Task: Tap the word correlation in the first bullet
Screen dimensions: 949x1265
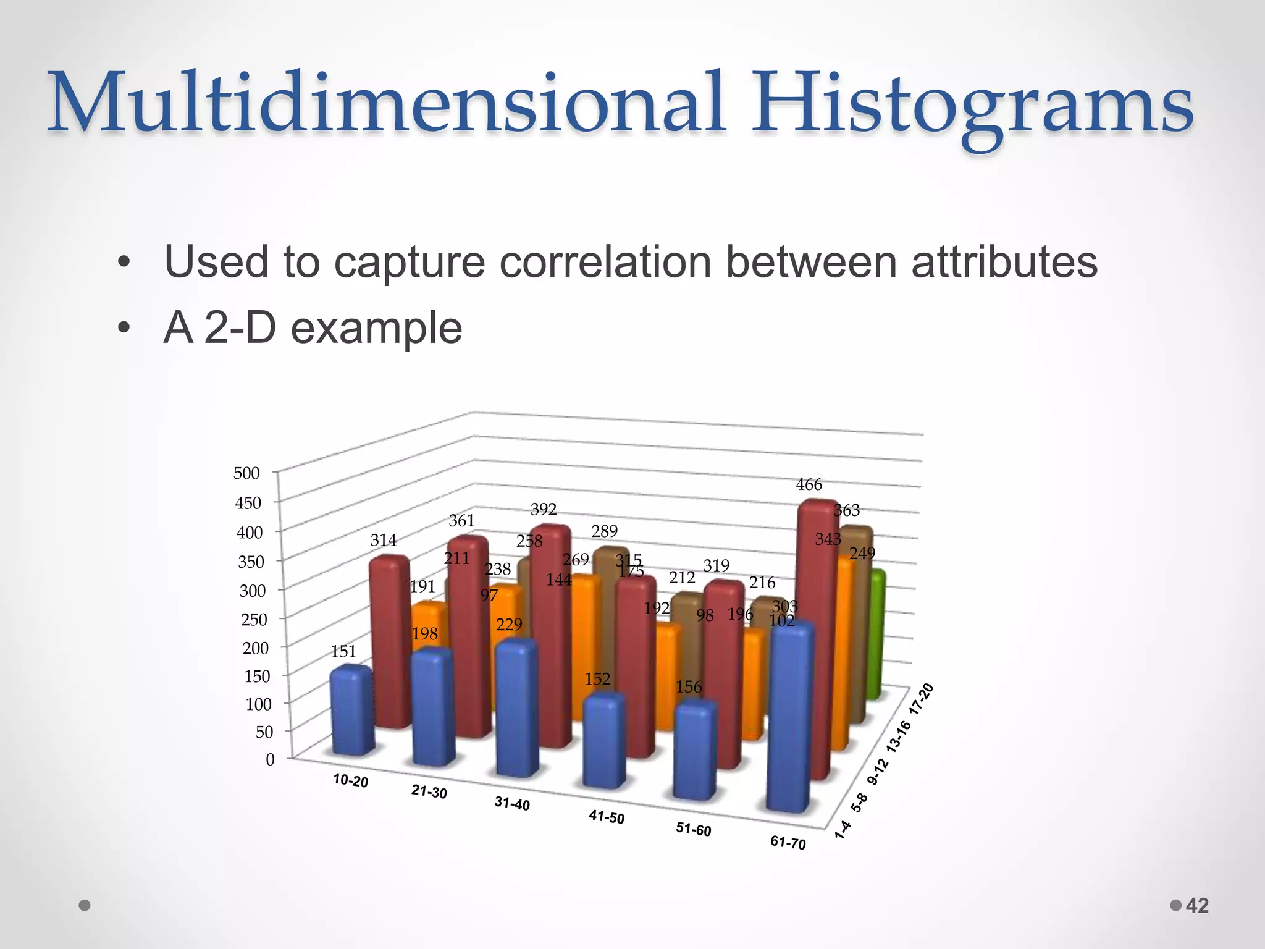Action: pyautogui.click(x=605, y=262)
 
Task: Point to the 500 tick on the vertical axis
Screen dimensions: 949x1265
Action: pyautogui.click(x=246, y=473)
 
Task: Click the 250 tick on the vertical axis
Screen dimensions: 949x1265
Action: pyautogui.click(x=254, y=619)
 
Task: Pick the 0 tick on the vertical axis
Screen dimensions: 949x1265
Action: pyautogui.click(x=270, y=759)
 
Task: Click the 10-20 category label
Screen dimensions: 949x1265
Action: pyautogui.click(x=350, y=781)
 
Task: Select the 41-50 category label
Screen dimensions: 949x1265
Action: pyautogui.click(x=606, y=817)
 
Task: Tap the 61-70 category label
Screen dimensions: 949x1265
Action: pyautogui.click(x=788, y=843)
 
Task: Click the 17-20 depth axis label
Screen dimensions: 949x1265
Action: pyautogui.click(x=921, y=699)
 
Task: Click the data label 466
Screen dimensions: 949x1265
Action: pyautogui.click(x=809, y=485)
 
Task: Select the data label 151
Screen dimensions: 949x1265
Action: pyautogui.click(x=343, y=651)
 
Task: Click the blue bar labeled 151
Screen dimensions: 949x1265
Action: pyautogui.click(x=352, y=711)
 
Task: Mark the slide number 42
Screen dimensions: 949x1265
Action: pyautogui.click(x=1197, y=906)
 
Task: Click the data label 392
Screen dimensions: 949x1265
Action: pyautogui.click(x=544, y=509)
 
